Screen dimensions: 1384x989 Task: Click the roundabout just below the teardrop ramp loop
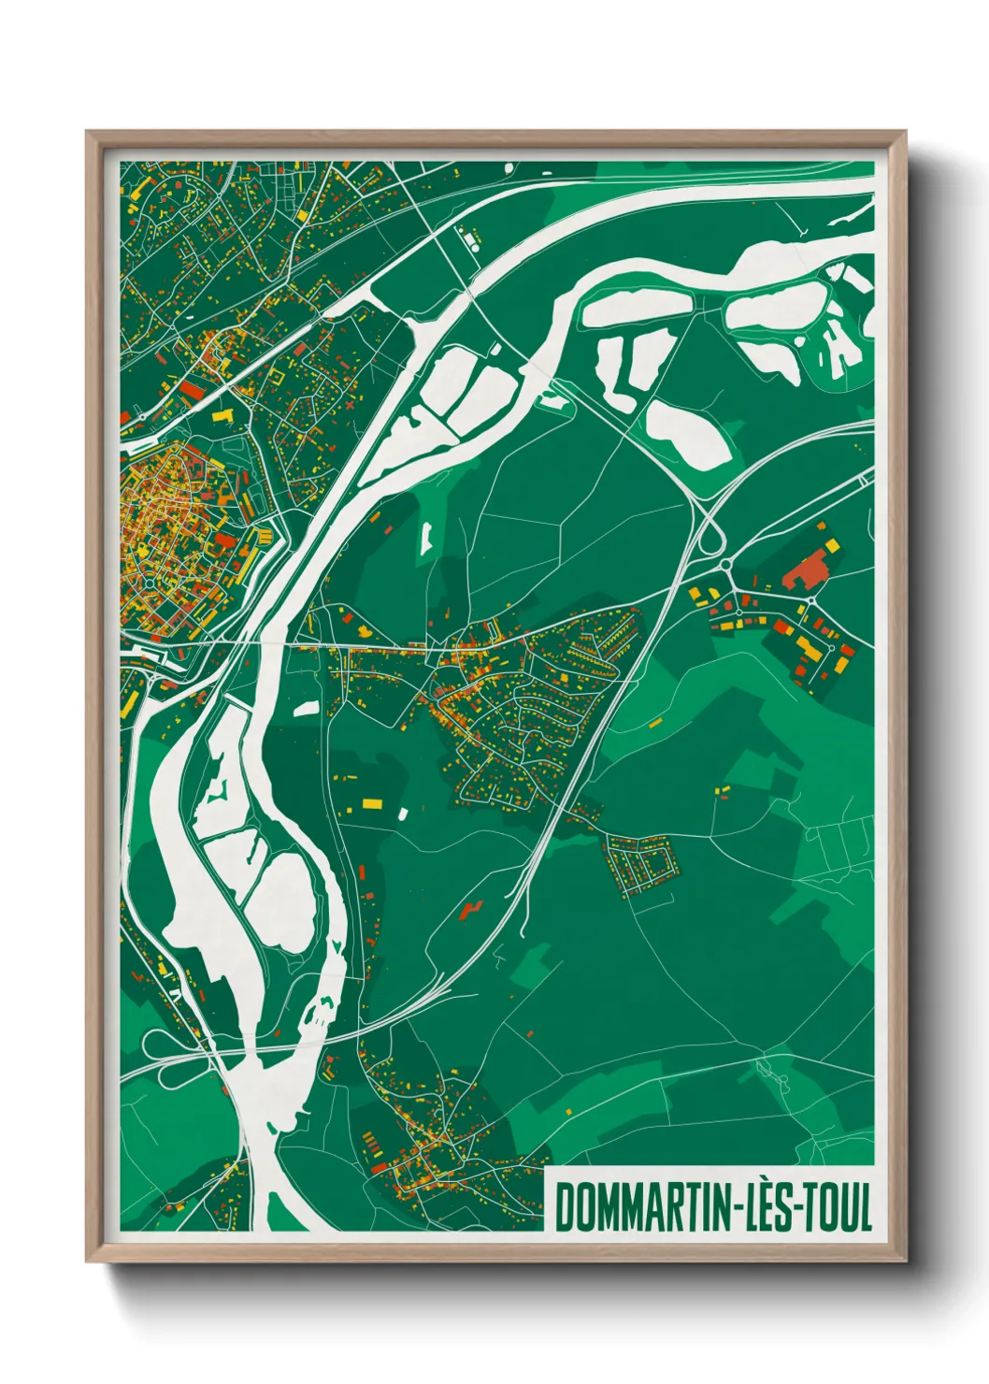coord(725,565)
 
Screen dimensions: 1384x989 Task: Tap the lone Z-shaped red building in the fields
coord(470,908)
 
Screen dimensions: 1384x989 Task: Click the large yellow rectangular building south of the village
coord(371,802)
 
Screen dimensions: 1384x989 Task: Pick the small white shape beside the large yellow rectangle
coord(403,814)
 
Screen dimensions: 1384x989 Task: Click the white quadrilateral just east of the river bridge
coord(306,709)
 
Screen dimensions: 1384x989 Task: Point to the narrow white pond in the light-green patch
coord(426,538)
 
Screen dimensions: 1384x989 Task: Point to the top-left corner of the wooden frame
coord(88,132)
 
